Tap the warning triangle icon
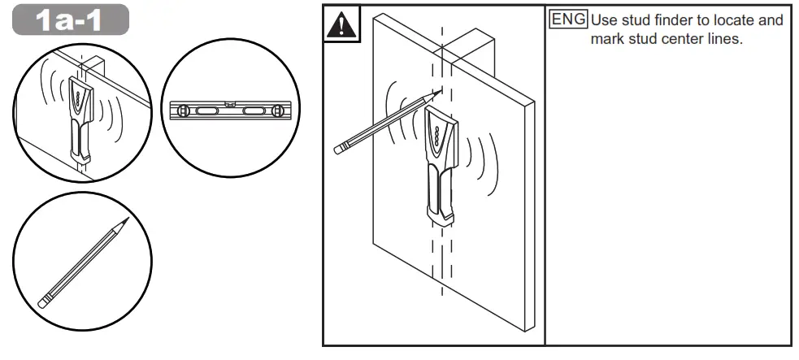click(x=341, y=25)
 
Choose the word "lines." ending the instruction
click(x=726, y=40)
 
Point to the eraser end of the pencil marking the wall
click(x=340, y=149)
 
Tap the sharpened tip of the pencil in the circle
click(x=126, y=220)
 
